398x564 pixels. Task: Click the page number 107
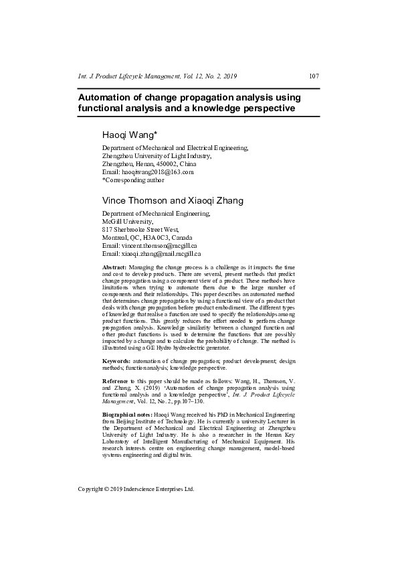pos(313,76)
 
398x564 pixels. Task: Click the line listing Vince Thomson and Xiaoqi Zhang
pos(173,200)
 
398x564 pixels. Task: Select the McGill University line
pos(127,221)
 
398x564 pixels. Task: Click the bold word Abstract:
pos(114,267)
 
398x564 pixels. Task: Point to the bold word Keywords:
pos(116,361)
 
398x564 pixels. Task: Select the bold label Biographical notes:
pos(126,415)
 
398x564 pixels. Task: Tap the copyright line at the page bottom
pos(136,489)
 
